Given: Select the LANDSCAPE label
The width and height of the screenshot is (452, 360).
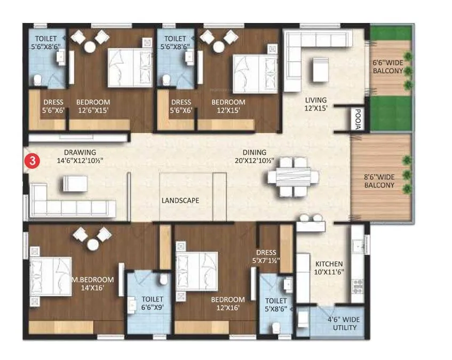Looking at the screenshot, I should coord(181,201).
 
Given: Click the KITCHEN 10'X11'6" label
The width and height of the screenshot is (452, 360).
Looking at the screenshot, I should coord(329,268).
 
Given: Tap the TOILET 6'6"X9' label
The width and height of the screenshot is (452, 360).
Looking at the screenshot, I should coord(152,303).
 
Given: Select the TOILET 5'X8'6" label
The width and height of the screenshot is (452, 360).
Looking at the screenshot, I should coord(276,304).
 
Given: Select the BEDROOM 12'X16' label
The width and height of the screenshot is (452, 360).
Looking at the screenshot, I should coord(227,303).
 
